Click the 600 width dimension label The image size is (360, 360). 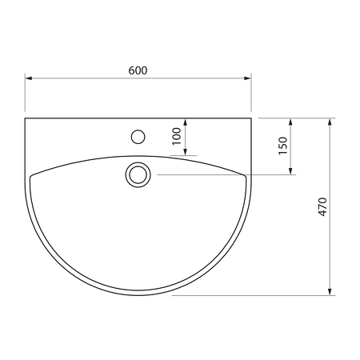(138, 70)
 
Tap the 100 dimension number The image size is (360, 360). (177, 136)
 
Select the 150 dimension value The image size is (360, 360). (282, 146)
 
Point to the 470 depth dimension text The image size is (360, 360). (322, 207)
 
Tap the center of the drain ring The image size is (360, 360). (138, 175)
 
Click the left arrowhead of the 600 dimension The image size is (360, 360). (29, 78)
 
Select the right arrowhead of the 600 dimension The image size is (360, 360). (247, 78)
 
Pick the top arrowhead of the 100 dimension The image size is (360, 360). (186, 122)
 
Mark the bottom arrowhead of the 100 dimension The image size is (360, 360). (186, 151)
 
